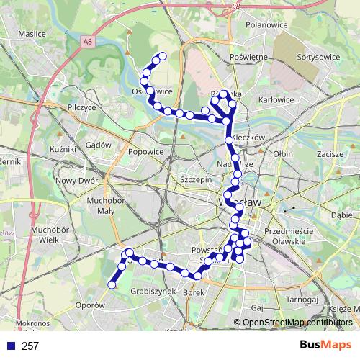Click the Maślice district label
coord(32,34)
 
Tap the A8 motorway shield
coord(88,42)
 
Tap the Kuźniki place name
coord(63,148)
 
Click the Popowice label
coord(146,152)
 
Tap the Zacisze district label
coord(329,154)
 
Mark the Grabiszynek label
coord(153,292)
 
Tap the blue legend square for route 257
coord(11,346)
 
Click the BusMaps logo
coord(326,346)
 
